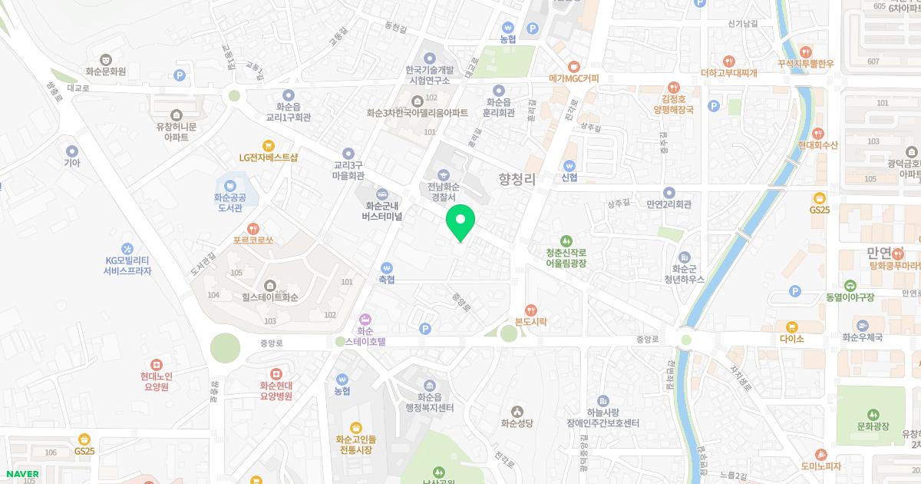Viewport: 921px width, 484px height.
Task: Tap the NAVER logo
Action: click(22, 474)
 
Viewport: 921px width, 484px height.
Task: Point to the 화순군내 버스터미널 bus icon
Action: click(382, 194)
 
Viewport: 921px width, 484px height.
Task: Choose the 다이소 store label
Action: click(791, 338)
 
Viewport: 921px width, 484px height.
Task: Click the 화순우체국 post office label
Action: click(863, 337)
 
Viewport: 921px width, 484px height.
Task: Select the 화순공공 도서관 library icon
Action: click(229, 185)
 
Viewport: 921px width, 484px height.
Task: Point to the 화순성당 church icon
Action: click(517, 411)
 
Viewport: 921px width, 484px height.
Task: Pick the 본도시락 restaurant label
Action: click(531, 322)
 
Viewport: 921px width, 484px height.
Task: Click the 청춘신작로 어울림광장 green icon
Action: click(566, 241)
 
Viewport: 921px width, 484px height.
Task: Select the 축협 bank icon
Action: click(386, 267)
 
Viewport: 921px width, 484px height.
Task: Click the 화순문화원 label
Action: click(104, 71)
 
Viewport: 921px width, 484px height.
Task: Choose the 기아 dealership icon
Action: click(72, 151)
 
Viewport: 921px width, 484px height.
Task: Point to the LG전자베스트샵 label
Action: click(268, 157)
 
